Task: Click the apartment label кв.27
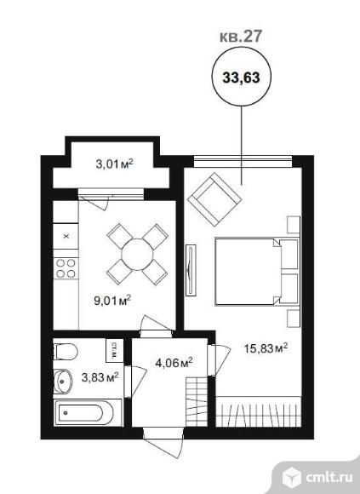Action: pos(240,37)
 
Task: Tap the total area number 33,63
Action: pos(241,78)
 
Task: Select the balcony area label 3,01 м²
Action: pos(115,164)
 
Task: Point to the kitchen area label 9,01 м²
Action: pos(112,301)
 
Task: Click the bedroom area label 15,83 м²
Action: pos(266,348)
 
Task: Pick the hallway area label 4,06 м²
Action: pos(174,363)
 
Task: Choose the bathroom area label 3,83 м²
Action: pos(100,376)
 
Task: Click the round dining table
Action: pos(137,255)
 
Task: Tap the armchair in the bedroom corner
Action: pos(214,199)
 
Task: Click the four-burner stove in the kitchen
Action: pos(66,268)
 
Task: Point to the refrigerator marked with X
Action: pos(66,236)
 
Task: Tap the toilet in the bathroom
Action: pos(66,352)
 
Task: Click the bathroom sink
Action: pos(63,382)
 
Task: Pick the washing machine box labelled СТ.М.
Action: pos(114,350)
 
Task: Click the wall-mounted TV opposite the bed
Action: pos(191,270)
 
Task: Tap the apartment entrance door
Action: pos(164,440)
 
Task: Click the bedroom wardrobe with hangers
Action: pos(259,411)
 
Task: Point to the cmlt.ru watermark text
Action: pos(329,478)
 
